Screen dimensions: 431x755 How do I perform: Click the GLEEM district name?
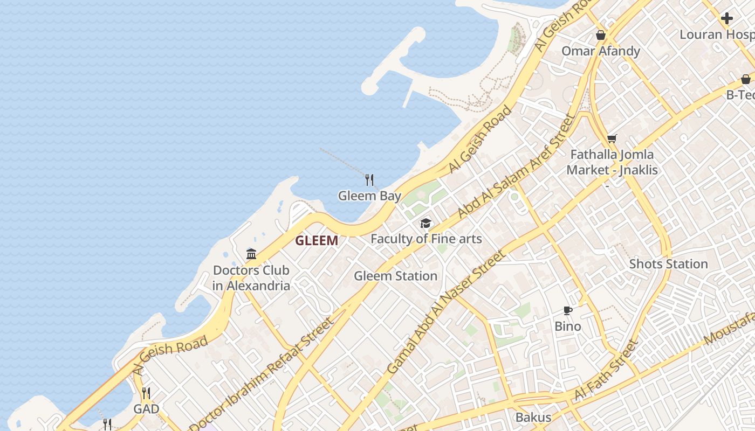pyautogui.click(x=317, y=241)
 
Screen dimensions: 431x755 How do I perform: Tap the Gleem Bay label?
pyautogui.click(x=369, y=196)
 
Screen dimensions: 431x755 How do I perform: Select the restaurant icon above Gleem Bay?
pyautogui.click(x=369, y=179)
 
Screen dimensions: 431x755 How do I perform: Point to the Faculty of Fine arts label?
pyautogui.click(x=426, y=239)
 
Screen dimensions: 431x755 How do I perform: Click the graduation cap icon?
pyautogui.click(x=426, y=223)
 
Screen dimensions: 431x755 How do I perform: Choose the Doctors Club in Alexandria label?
pyautogui.click(x=251, y=278)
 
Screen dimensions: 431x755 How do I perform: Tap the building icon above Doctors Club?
pyautogui.click(x=251, y=254)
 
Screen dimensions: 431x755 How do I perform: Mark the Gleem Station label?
pyautogui.click(x=395, y=276)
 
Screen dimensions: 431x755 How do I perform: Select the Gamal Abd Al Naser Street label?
pyautogui.click(x=447, y=312)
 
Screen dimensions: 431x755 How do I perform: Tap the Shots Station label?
pyautogui.click(x=668, y=264)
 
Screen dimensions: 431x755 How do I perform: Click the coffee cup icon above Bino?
pyautogui.click(x=567, y=310)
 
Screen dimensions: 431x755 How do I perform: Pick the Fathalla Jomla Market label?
pyautogui.click(x=612, y=162)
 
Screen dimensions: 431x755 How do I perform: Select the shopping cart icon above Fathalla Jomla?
pyautogui.click(x=612, y=139)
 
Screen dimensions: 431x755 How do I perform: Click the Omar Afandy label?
pyautogui.click(x=601, y=51)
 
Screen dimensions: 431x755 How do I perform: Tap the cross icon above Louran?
pyautogui.click(x=727, y=18)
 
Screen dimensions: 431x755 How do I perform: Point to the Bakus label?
pyautogui.click(x=533, y=417)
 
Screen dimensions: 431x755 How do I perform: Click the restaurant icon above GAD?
pyautogui.click(x=146, y=393)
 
